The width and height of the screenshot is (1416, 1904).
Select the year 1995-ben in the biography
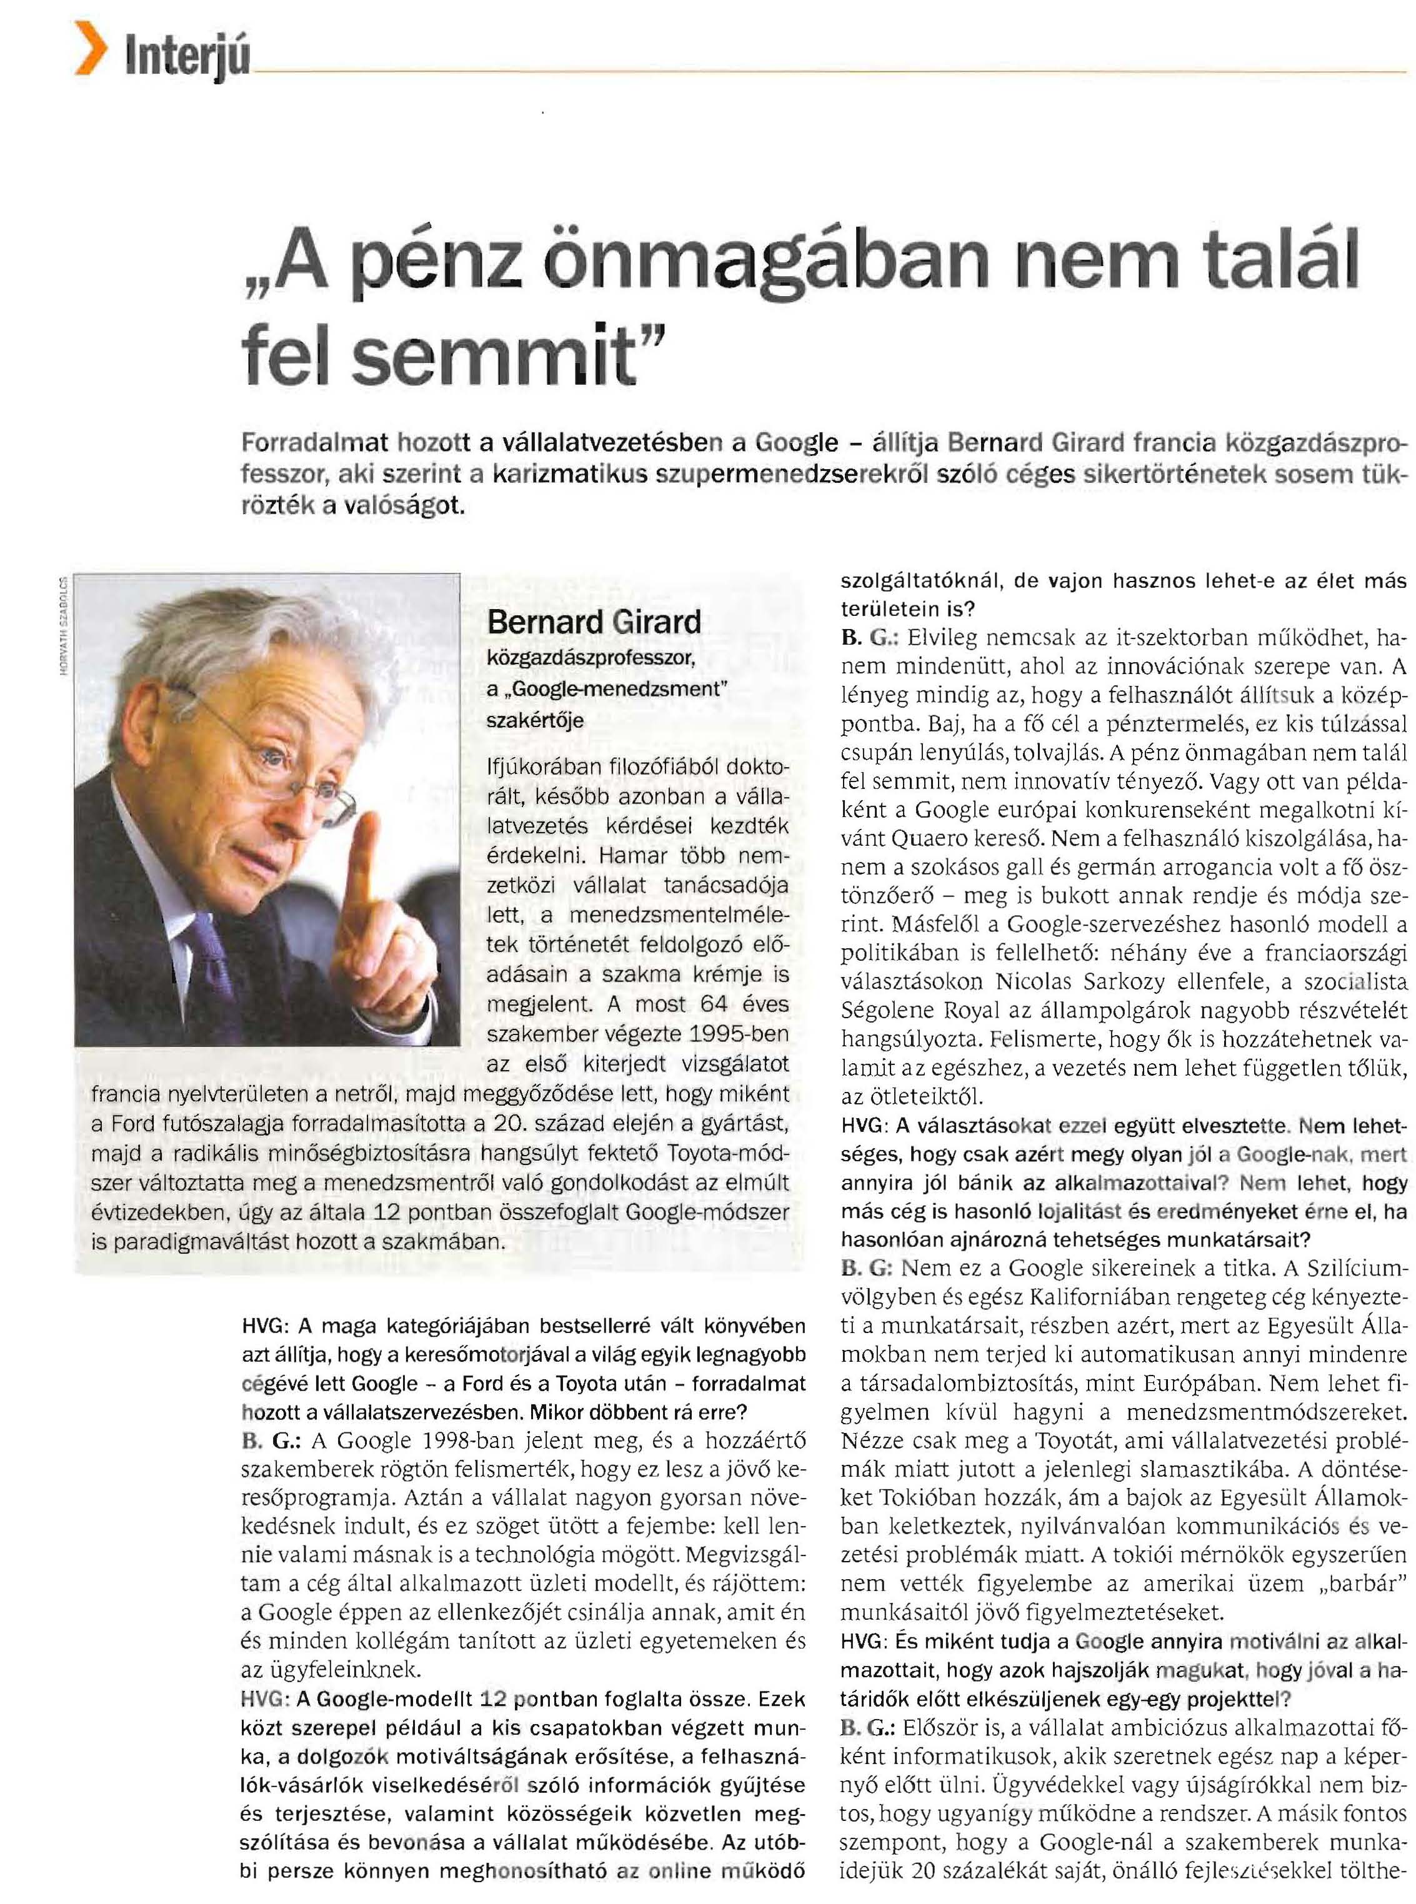(738, 1033)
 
